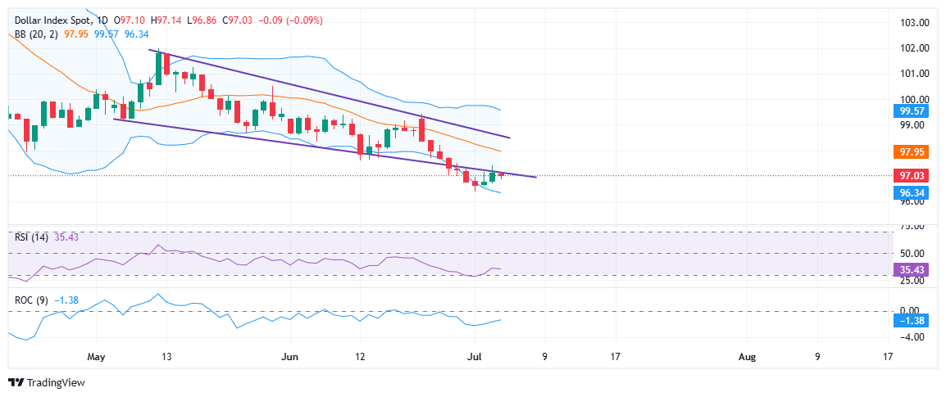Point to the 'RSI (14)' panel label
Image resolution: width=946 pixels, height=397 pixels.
[x=31, y=237]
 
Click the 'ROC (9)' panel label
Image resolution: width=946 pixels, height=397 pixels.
[x=32, y=300]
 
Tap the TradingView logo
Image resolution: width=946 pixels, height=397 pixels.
[x=47, y=382]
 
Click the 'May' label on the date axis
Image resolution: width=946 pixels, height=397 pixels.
[x=97, y=357]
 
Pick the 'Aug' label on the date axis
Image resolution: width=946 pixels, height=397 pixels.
[x=747, y=357]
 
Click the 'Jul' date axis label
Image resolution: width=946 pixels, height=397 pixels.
[x=474, y=357]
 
